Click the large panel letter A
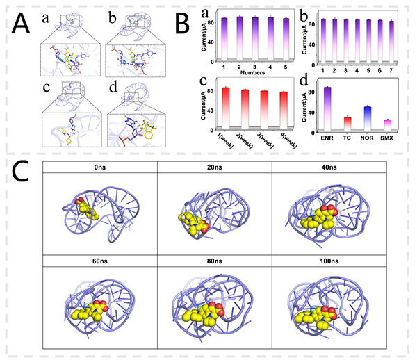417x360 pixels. [22, 26]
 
